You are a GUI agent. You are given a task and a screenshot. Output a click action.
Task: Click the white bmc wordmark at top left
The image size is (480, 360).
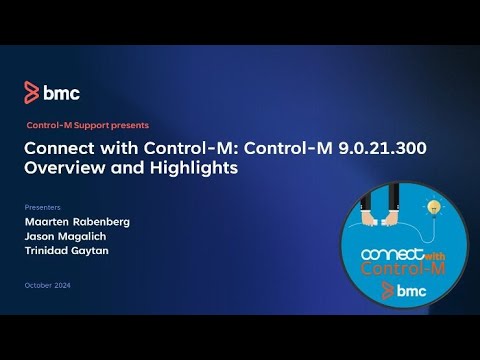coord(61,93)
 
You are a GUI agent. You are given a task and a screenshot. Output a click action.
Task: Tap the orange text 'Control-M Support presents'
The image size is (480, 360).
coord(87,125)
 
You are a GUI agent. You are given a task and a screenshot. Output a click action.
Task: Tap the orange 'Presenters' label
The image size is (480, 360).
coord(41,207)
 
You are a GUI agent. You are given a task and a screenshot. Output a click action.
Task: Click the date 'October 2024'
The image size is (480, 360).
coord(49,287)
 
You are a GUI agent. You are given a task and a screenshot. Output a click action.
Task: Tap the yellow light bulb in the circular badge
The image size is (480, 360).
coord(435,207)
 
